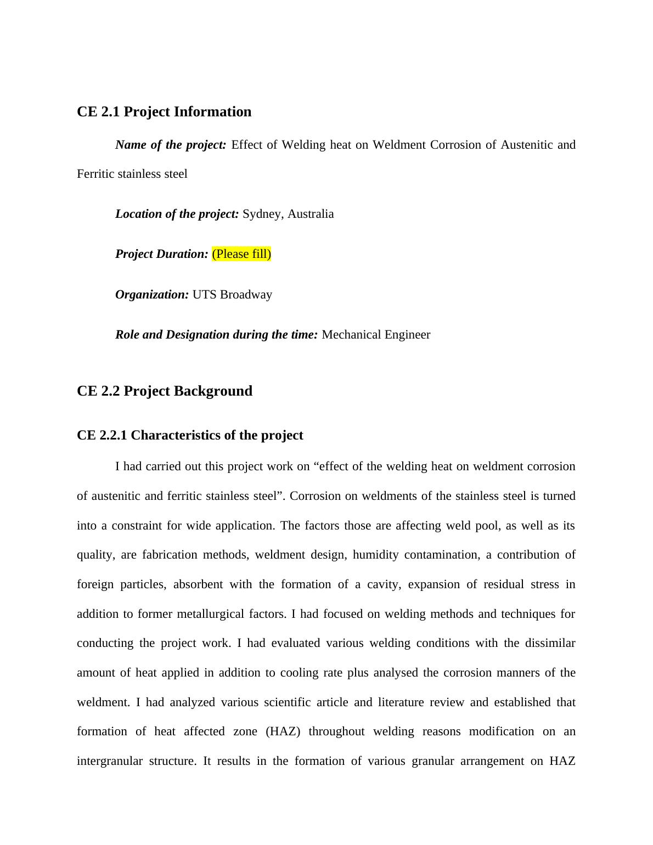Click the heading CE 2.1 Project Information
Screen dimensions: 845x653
point(164,112)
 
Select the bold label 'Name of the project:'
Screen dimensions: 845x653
point(171,145)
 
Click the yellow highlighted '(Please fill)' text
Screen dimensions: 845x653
point(241,254)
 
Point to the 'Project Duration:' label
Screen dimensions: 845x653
point(162,254)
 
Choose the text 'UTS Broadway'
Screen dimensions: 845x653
point(232,295)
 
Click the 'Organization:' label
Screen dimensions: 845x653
point(152,295)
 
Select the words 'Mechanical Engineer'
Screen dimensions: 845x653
point(376,335)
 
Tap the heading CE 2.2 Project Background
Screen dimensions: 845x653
point(165,391)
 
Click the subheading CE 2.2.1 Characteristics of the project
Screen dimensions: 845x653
point(190,435)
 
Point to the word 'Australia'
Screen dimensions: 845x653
point(311,214)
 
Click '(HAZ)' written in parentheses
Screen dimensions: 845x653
point(283,731)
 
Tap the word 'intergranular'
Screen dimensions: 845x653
point(110,761)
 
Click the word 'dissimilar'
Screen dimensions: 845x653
point(550,643)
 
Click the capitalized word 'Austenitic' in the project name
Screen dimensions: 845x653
point(526,145)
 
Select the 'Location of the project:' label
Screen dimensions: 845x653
point(177,214)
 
